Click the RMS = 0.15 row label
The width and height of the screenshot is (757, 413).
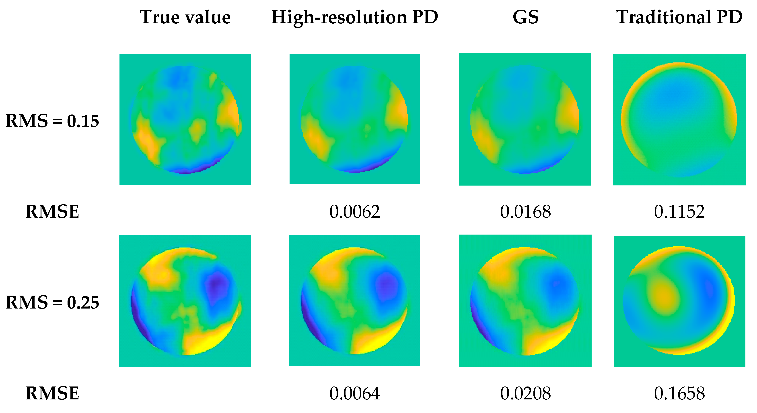(52, 121)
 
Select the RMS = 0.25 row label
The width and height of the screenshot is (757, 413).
(52, 303)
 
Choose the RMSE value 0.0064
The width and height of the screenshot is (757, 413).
(355, 393)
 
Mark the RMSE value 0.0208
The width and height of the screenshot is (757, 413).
(525, 393)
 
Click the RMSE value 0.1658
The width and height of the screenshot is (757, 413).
(679, 393)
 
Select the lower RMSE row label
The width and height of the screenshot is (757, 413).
(52, 393)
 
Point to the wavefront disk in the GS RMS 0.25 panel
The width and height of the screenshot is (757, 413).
(525, 301)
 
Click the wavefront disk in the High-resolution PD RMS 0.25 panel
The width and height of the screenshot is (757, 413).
(354, 301)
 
